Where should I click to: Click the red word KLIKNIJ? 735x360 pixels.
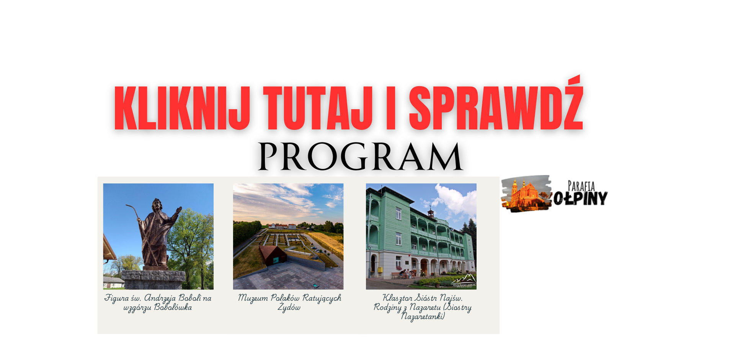182,108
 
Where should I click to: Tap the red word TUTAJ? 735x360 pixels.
318,108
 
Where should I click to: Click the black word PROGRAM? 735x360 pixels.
360,156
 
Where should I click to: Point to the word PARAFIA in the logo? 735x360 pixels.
581,187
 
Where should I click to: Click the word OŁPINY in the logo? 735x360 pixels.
580,198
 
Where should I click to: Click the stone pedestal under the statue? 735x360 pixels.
153,280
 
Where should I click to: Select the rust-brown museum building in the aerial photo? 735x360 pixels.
273,255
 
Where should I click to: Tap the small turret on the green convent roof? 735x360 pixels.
431,212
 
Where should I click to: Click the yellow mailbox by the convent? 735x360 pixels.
380,270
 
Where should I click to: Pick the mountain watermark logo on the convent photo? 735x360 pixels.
464,281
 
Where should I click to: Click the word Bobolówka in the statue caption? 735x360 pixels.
173,308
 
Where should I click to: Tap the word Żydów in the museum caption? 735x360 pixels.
289,308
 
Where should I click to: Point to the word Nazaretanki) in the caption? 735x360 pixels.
423,317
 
